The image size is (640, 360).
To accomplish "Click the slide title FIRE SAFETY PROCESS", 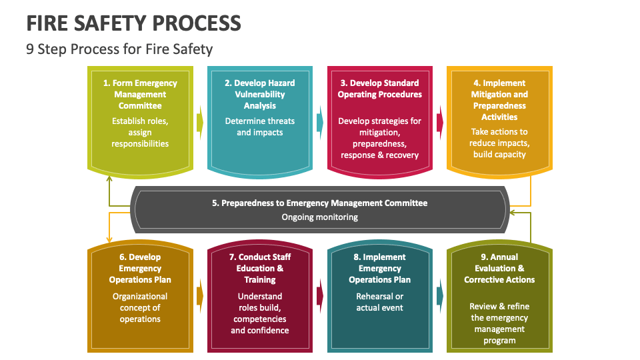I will [x=133, y=23].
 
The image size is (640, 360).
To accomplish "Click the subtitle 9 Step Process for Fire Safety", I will [x=119, y=49].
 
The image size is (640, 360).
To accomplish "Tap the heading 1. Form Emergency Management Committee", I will [x=140, y=94].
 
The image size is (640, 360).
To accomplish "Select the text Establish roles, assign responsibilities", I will [x=140, y=132].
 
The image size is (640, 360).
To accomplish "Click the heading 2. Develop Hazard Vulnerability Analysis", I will [x=259, y=94].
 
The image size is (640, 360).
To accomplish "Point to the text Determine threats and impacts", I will [x=259, y=127].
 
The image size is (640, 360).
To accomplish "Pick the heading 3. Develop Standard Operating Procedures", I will [x=379, y=89].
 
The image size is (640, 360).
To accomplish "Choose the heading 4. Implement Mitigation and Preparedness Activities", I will [x=499, y=100].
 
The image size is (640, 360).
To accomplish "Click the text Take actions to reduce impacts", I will [x=499, y=143].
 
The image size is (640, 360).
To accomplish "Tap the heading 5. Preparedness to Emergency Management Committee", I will [x=320, y=203].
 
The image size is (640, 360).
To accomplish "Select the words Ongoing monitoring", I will [x=320, y=217].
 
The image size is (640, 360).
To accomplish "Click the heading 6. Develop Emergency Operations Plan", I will [x=140, y=268].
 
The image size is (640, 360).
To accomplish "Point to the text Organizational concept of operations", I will [x=140, y=307].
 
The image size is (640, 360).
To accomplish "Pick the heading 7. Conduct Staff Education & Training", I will [x=259, y=268].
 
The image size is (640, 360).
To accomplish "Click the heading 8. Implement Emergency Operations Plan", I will [x=379, y=268].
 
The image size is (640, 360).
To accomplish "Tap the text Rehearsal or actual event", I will [x=379, y=301].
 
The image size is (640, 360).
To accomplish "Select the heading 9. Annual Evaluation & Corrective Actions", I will [x=499, y=268].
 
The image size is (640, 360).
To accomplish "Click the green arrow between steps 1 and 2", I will [x=200, y=123].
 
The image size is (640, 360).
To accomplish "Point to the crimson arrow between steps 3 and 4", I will [x=440, y=123].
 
